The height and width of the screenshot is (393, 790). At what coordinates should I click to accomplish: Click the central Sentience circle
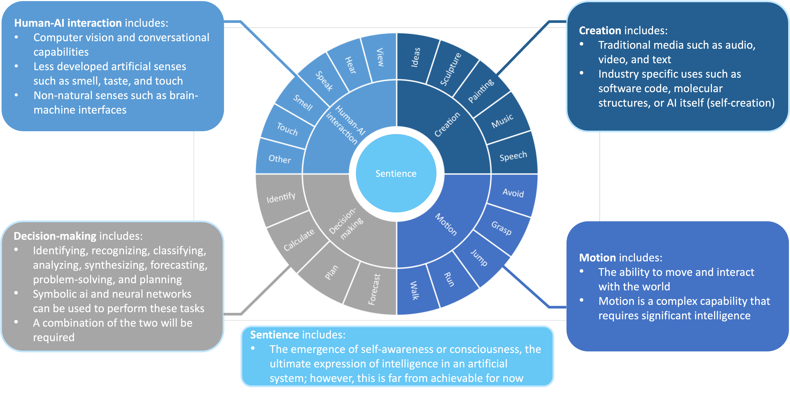(x=396, y=174)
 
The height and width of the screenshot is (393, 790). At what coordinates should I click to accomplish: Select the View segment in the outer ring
(x=380, y=57)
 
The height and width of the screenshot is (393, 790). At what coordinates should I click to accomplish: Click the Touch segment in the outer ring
(x=287, y=129)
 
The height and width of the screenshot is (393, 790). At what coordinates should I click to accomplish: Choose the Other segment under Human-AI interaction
(x=279, y=159)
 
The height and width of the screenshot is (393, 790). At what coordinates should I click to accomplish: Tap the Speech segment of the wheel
(x=513, y=156)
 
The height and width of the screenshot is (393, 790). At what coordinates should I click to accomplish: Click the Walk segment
(x=414, y=290)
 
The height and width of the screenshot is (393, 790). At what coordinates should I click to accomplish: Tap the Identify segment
(x=281, y=198)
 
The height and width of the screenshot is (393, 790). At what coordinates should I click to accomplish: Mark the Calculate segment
(x=299, y=240)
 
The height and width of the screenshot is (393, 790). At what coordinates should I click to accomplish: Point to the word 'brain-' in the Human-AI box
(x=183, y=96)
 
